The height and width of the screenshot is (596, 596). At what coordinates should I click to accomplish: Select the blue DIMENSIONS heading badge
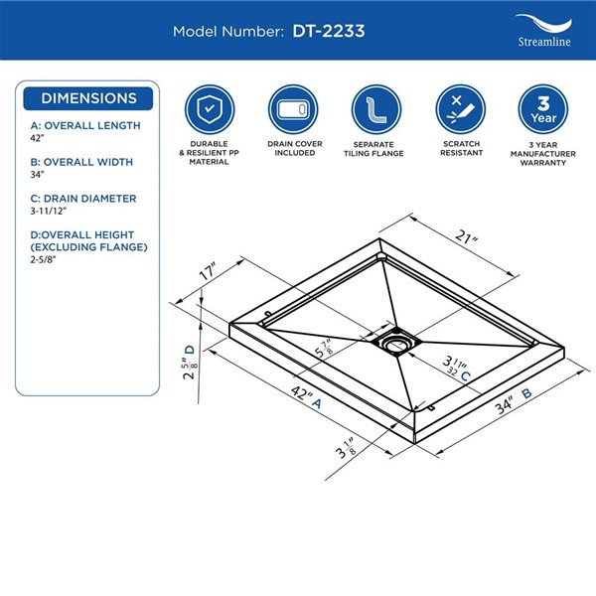click(88, 99)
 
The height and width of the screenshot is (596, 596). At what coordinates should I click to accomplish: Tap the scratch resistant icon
click(459, 107)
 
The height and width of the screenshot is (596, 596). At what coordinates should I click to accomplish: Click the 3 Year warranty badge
click(543, 107)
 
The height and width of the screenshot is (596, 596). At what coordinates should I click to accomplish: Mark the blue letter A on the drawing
click(316, 403)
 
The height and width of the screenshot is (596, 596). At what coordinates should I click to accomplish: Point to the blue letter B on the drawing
click(526, 393)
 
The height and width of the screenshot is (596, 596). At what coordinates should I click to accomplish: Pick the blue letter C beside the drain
click(465, 375)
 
